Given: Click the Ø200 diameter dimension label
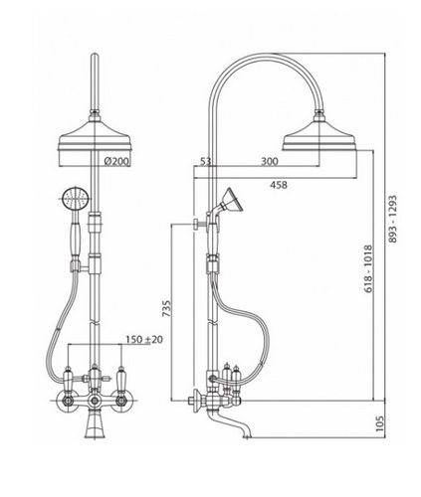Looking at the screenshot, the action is (x=116, y=161).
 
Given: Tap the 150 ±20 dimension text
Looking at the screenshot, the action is (x=144, y=339).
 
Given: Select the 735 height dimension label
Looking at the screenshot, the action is (x=167, y=308).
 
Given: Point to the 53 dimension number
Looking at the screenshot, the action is (x=205, y=161).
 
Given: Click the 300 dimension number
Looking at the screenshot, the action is (x=270, y=161).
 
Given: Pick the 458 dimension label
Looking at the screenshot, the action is (x=279, y=185).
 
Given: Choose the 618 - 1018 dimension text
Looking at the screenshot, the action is (x=368, y=269).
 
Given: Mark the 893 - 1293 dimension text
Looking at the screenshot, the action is (x=392, y=219).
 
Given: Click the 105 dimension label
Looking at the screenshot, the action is (x=380, y=423).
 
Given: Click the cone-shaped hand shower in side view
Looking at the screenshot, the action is (x=233, y=200).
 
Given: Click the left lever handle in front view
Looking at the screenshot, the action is (x=68, y=378).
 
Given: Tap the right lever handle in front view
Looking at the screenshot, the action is (x=121, y=378).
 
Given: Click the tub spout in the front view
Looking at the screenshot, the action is (x=95, y=426).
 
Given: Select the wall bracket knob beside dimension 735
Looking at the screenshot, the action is (x=196, y=224).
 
